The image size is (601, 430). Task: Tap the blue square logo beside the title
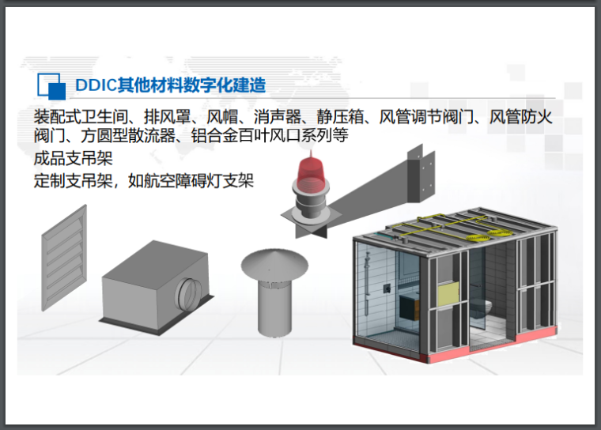coord(51,85)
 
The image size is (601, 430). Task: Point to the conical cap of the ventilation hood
coord(271,262)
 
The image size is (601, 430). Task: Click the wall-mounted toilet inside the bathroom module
coord(488,305)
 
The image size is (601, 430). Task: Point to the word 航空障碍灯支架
coord(210,180)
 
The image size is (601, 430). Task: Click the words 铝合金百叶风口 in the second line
coord(254,136)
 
